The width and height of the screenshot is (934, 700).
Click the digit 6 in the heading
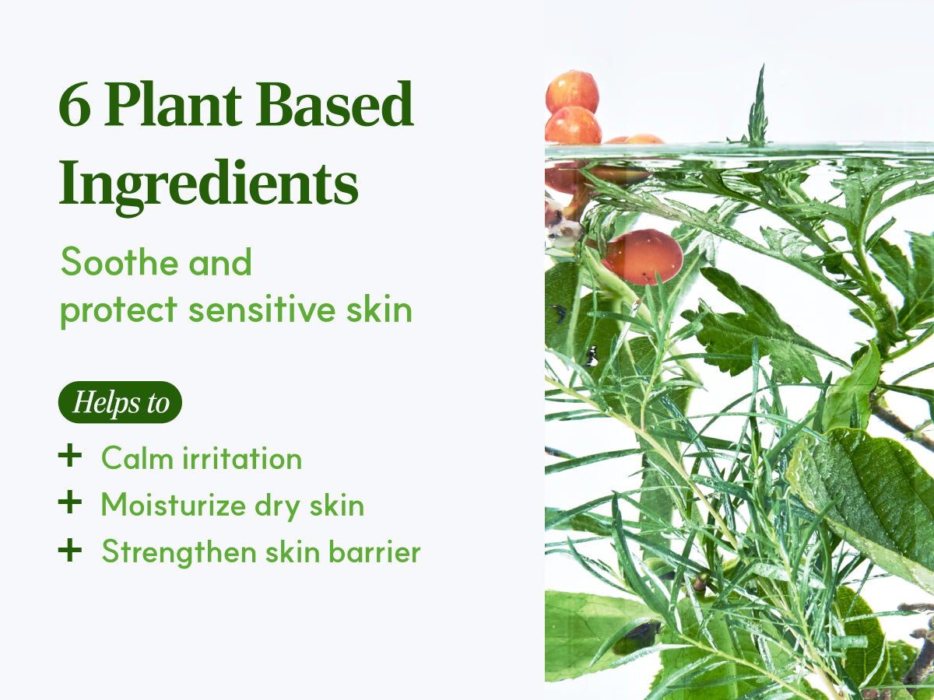pyautogui.click(x=75, y=104)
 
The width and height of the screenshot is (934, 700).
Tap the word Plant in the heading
pyautogui.click(x=173, y=103)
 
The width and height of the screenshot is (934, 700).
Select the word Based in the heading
pyautogui.click(x=334, y=103)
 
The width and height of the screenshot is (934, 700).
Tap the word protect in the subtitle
pyautogui.click(x=119, y=310)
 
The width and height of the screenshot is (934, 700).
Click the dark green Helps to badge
pyautogui.click(x=120, y=402)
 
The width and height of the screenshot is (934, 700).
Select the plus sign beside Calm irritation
pyautogui.click(x=70, y=456)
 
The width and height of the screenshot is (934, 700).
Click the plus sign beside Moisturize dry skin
pyautogui.click(x=70, y=502)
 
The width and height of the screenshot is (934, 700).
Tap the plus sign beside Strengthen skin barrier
pyautogui.click(x=70, y=550)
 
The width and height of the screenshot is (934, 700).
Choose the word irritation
pyautogui.click(x=242, y=458)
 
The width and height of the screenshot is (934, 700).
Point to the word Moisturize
pyautogui.click(x=174, y=505)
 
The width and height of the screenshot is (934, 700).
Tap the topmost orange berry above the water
pyautogui.click(x=572, y=92)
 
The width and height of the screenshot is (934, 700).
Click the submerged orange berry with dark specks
pyautogui.click(x=643, y=257)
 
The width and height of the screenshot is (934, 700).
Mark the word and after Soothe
pyautogui.click(x=220, y=262)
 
